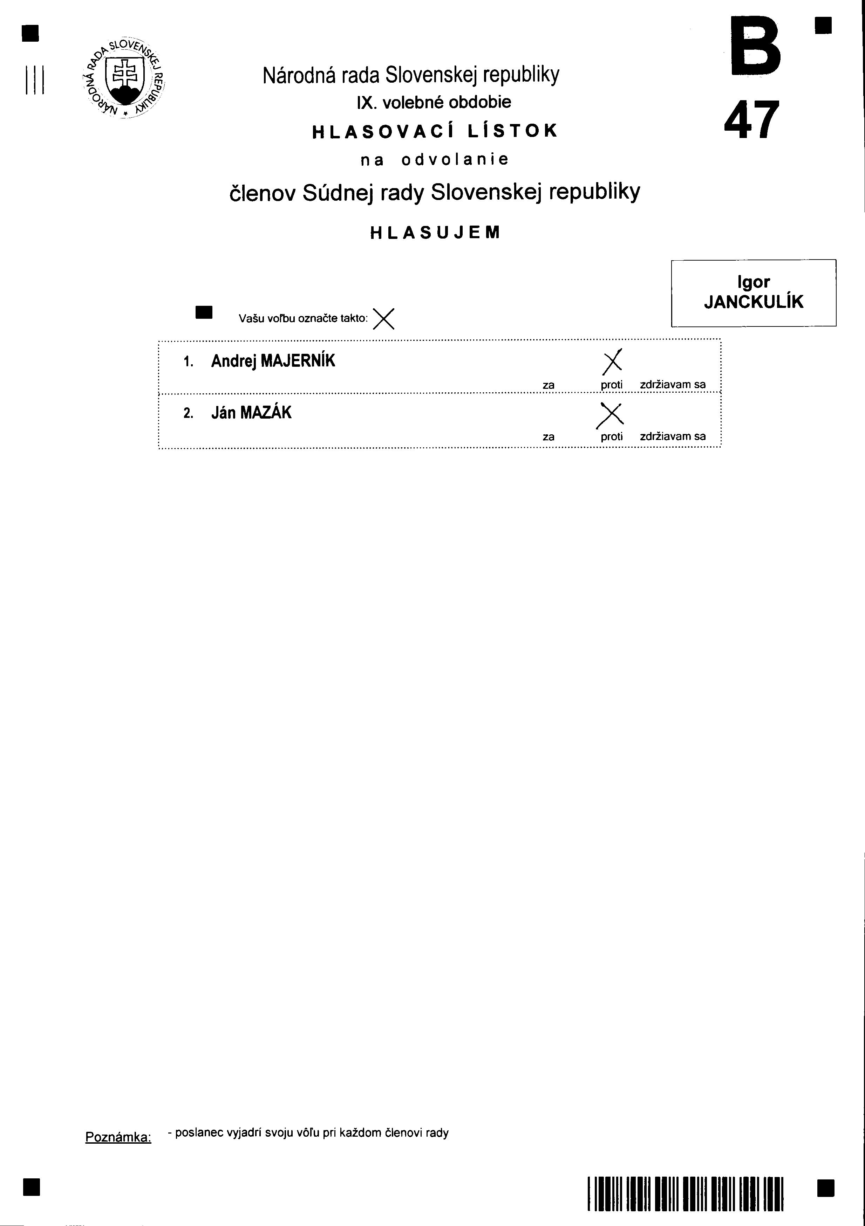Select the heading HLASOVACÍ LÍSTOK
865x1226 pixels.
[x=434, y=131]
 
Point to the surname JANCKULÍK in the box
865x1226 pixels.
[x=753, y=302]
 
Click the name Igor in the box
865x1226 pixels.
[x=753, y=282]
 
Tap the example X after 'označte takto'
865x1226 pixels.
[x=383, y=319]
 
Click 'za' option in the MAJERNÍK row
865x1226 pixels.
[x=548, y=385]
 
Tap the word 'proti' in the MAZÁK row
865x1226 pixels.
[x=612, y=437]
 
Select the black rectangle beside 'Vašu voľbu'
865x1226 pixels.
[x=205, y=312]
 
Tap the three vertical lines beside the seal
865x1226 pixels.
[x=34, y=80]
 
